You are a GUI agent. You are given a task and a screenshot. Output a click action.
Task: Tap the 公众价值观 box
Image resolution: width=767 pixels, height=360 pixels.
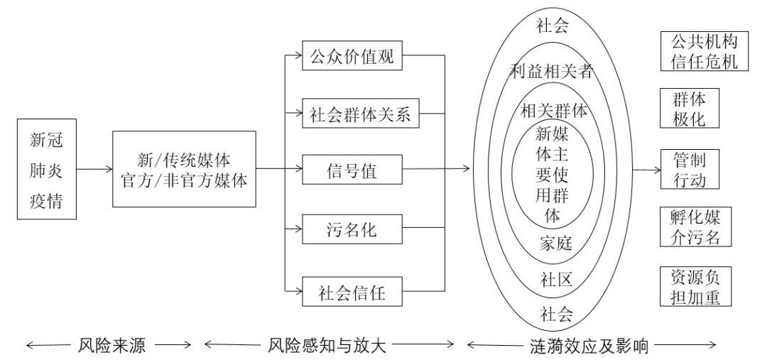(352, 57)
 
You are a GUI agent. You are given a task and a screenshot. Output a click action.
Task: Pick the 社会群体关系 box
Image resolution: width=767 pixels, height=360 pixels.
(352, 114)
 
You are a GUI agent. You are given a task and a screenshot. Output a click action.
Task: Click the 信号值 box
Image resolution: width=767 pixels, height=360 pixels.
(352, 170)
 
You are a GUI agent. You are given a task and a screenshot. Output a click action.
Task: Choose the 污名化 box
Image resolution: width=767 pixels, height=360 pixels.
(352, 230)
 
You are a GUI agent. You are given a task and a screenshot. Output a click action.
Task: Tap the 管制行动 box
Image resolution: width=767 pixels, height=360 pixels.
(688, 169)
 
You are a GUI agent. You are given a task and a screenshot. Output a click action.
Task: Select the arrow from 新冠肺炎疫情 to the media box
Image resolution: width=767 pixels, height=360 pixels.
(95, 170)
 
